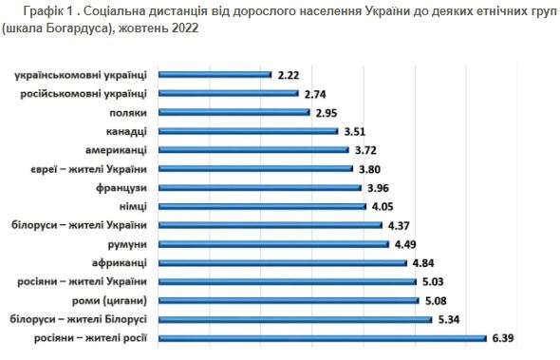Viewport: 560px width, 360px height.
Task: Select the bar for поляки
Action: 233,111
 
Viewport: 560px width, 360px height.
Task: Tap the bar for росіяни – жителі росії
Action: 323,337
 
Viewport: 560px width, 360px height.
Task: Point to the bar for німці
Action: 261,205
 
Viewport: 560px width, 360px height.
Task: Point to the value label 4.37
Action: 399,224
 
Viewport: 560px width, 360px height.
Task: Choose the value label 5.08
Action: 437,300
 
